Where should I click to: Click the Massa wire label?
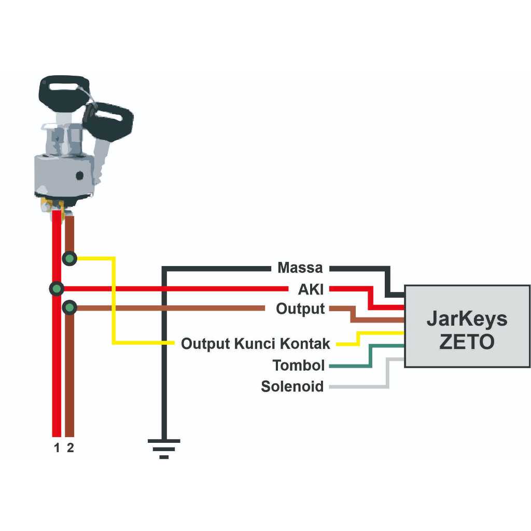(x=300, y=268)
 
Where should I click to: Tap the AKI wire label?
(x=311, y=289)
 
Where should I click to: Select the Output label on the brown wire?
(x=300, y=309)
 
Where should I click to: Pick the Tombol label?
(x=299, y=366)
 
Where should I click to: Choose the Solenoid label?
(x=292, y=386)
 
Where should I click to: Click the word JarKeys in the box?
(x=467, y=319)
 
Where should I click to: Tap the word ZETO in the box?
(x=467, y=342)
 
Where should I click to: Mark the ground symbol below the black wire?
(x=164, y=449)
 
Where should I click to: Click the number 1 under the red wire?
(x=57, y=448)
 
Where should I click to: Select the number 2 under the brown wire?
(x=71, y=448)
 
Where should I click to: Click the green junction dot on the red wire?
(x=56, y=289)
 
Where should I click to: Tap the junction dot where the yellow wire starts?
(x=69, y=258)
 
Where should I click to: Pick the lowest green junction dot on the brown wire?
(x=69, y=309)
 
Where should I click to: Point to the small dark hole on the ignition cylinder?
(x=79, y=176)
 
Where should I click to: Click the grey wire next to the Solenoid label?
(x=363, y=386)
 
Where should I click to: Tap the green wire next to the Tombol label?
(x=353, y=366)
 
